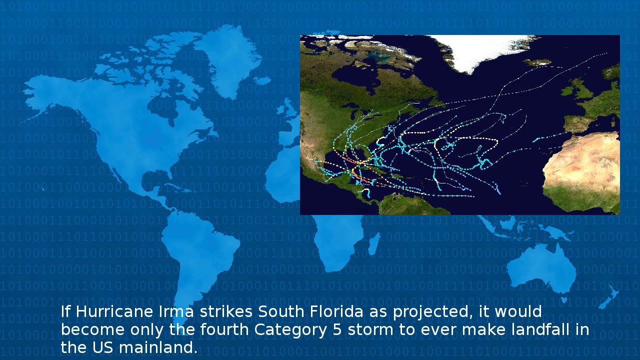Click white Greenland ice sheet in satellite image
[480, 50]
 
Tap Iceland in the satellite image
[538, 62]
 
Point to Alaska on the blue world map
[45, 95]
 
